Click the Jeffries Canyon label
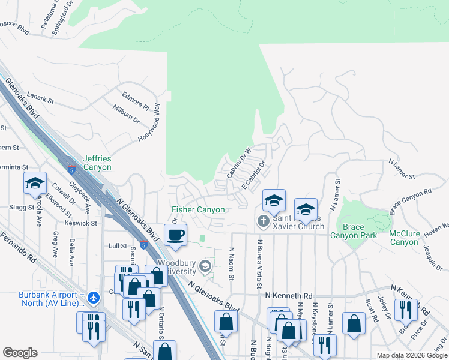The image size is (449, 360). pyautogui.click(x=97, y=163)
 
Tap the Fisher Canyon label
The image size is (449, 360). pyautogui.click(x=198, y=210)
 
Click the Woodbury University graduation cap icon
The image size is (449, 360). pyautogui.click(x=205, y=266)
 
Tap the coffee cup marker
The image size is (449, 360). pyautogui.click(x=175, y=235)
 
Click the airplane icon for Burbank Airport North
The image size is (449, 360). pyautogui.click(x=92, y=298)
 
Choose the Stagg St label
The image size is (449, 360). pyautogui.click(x=22, y=207)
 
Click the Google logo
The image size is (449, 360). pyautogui.click(x=20, y=353)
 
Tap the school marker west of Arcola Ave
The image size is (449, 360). pyautogui.click(x=35, y=183)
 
